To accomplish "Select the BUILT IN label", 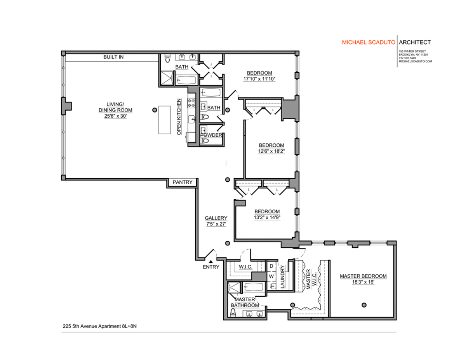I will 113,57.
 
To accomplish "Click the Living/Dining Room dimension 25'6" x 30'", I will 115,110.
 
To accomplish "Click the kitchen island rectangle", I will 165,119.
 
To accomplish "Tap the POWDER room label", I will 211,135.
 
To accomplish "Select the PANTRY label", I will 183,182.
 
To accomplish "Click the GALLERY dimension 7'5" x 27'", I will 216,224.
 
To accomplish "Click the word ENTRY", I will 211,267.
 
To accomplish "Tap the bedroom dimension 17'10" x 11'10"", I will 259,79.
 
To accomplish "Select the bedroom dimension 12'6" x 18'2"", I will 271,151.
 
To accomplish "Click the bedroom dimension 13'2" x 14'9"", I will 267,217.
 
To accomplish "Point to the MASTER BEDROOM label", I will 363,276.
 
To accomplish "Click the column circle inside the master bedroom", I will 364,304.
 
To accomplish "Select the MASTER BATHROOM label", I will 245,302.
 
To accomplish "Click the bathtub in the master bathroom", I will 253,287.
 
